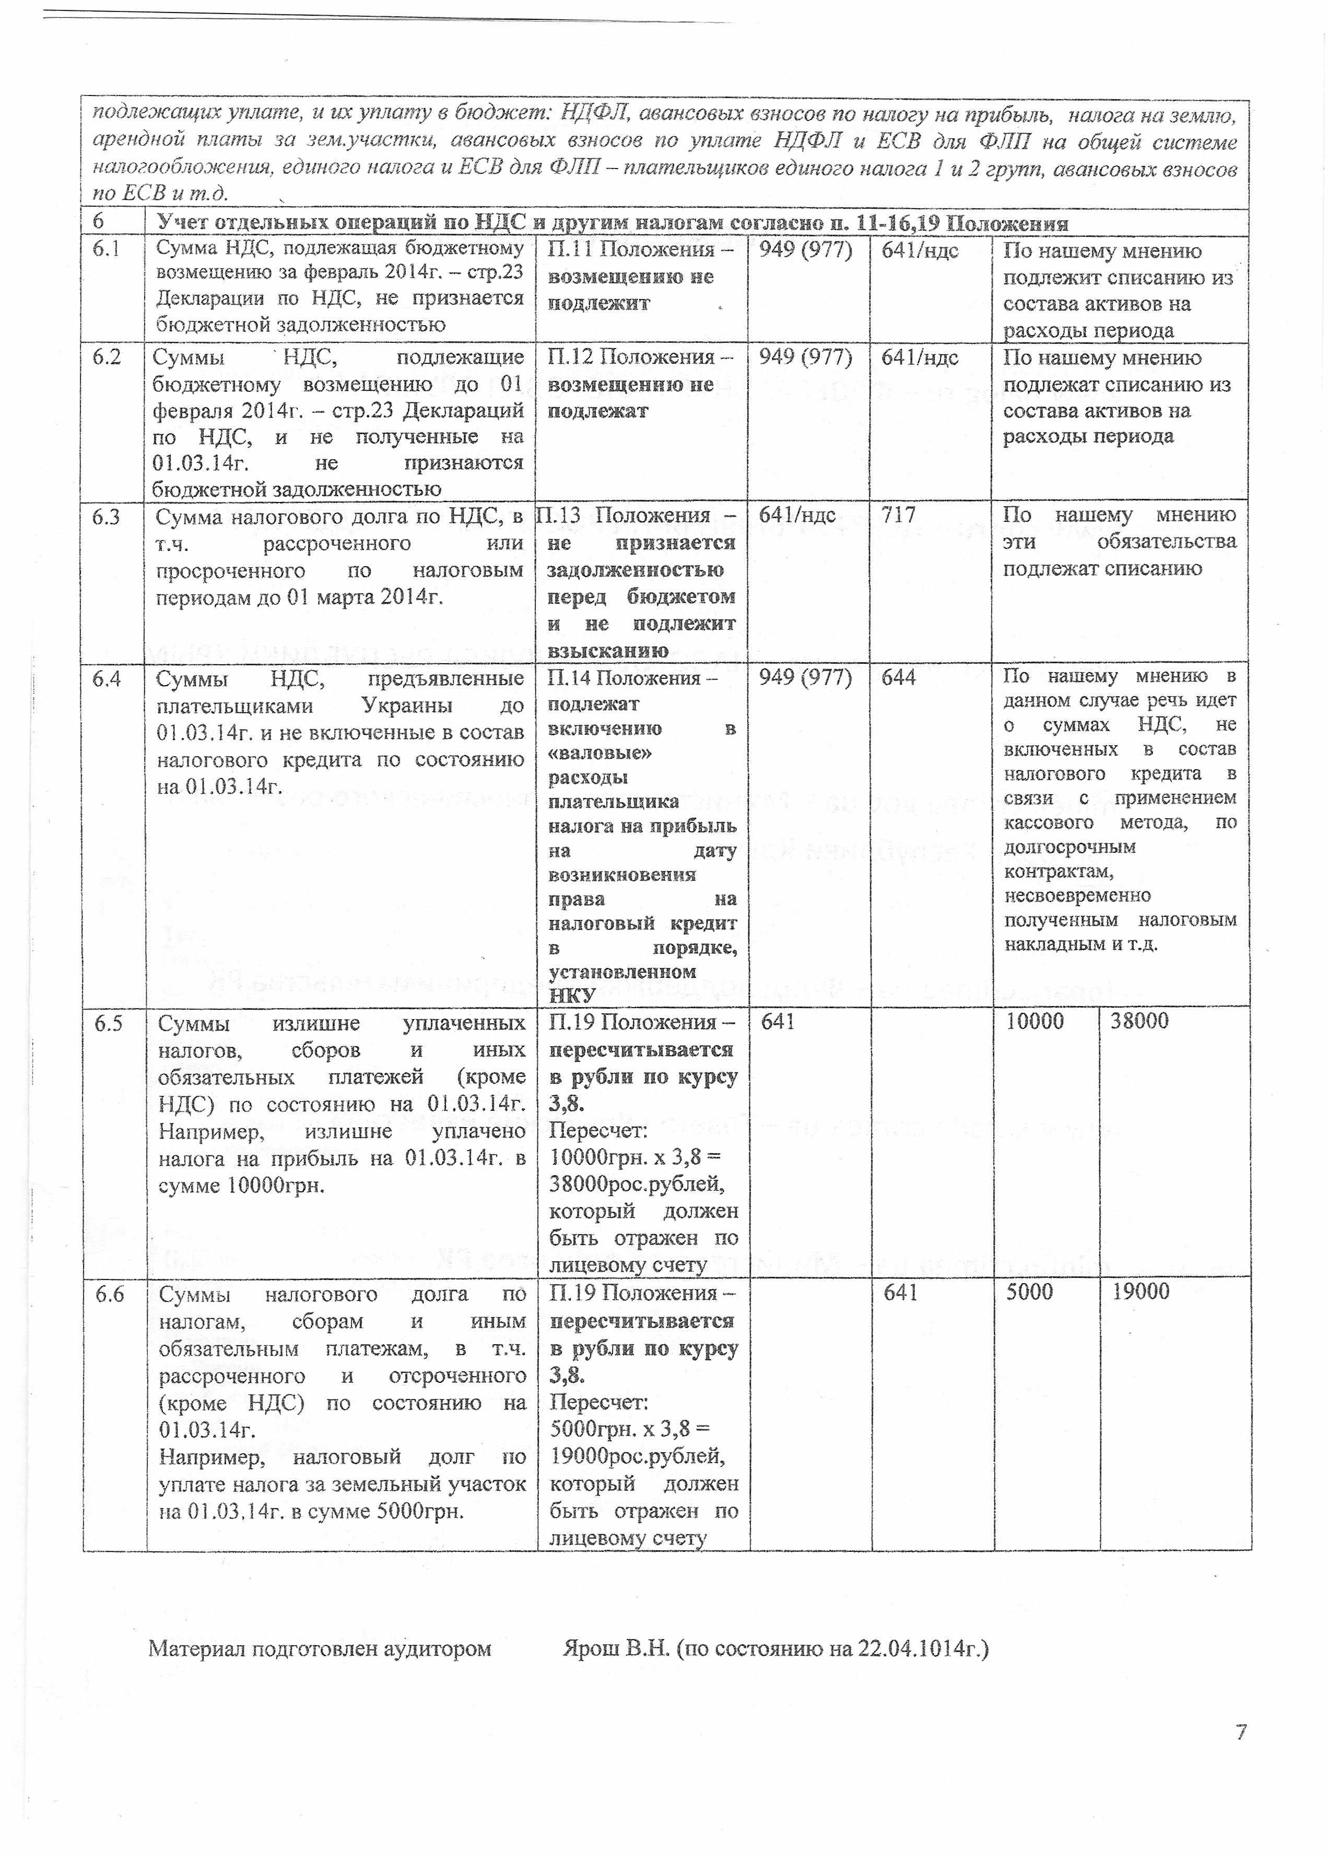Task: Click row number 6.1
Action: click(x=107, y=248)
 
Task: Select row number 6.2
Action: click(x=107, y=356)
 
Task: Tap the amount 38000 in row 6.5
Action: click(x=1138, y=1021)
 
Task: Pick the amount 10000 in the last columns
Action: click(x=1034, y=1021)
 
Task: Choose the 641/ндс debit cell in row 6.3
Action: click(x=796, y=515)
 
